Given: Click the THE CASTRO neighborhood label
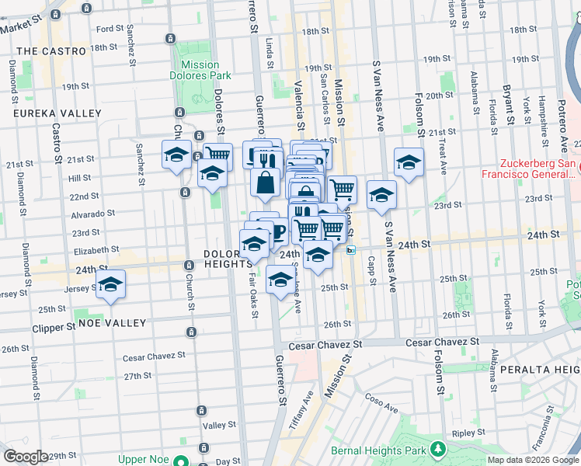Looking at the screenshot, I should pos(50,51).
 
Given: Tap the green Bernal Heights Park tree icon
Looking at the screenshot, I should pos(438,450).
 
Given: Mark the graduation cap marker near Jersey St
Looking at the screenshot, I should pos(111,283).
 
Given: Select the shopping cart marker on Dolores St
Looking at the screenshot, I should pos(217,155).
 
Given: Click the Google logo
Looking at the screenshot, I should pos(26,457).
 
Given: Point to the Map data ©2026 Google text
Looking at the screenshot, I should pos(533,460).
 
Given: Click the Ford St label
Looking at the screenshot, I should pos(110,29).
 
